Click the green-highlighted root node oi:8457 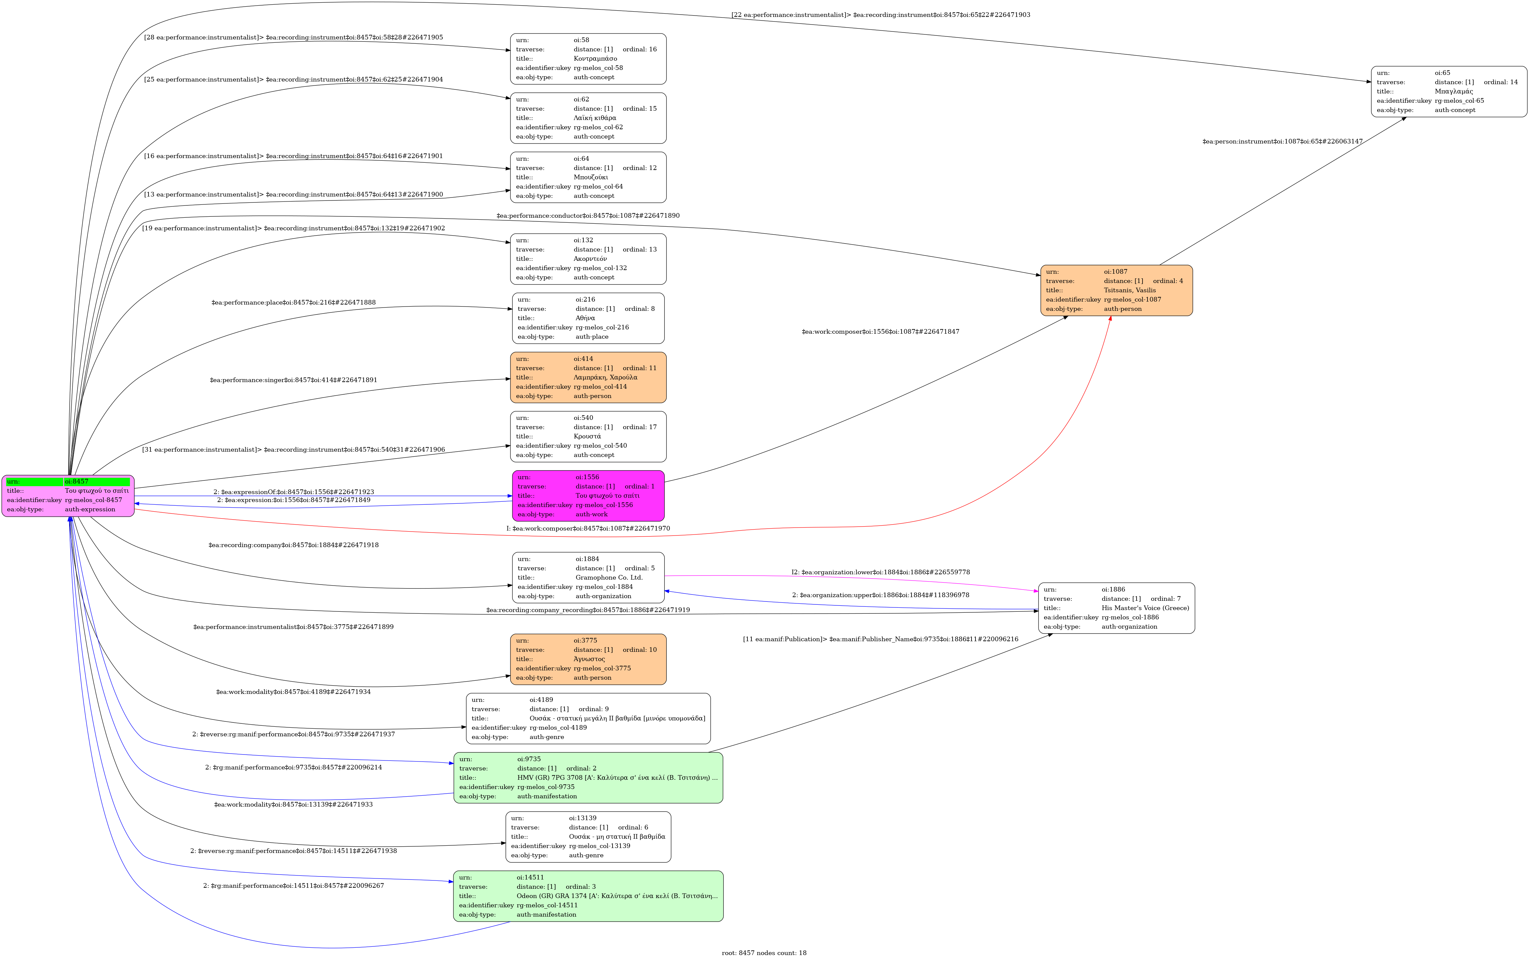tap(68, 496)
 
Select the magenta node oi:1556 tap(588, 496)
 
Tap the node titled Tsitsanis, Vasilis tap(1116, 290)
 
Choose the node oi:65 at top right tap(1448, 91)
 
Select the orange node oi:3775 tap(588, 659)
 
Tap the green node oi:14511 tap(588, 896)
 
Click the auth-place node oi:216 tap(588, 318)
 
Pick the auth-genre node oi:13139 tap(588, 837)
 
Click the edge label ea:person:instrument tap(1282, 141)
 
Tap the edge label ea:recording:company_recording tap(588, 610)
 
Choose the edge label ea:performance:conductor tap(588, 216)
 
